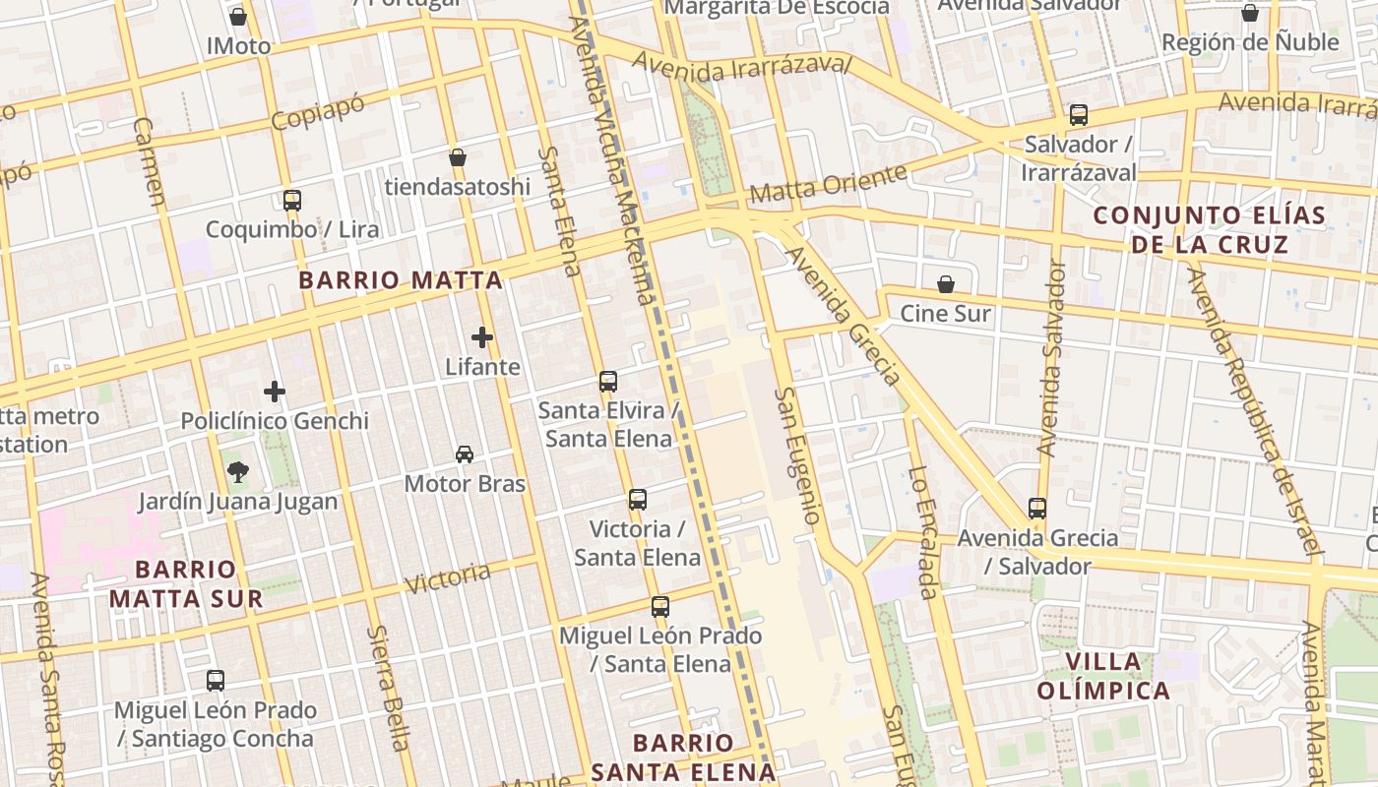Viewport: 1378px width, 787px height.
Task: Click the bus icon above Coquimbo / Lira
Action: pos(292,201)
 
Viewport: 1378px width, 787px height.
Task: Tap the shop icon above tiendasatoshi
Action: pos(458,157)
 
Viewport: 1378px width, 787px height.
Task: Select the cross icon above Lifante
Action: pos(482,337)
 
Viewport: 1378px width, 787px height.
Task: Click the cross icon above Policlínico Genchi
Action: pos(275,392)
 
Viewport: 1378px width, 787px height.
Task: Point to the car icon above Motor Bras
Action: pos(465,454)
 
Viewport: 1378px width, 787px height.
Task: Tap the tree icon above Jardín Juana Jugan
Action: pos(237,472)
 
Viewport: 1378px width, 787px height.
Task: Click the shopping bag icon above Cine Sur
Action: pos(946,284)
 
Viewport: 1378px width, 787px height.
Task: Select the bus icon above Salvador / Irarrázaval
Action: pos(1079,115)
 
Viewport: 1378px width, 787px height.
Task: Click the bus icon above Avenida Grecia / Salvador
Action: pos(1037,509)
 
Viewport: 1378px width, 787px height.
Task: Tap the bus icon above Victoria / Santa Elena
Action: pos(638,500)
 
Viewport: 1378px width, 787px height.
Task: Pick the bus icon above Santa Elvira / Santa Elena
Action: pos(608,382)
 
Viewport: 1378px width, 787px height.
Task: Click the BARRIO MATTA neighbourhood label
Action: pos(401,280)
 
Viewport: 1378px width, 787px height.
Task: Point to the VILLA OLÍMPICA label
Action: pos(1103,676)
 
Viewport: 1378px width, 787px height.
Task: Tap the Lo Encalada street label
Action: pos(922,532)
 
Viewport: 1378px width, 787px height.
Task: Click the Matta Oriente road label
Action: pos(828,184)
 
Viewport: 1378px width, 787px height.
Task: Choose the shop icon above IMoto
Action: pos(238,17)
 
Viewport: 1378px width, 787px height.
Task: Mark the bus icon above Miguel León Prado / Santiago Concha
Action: pos(216,681)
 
